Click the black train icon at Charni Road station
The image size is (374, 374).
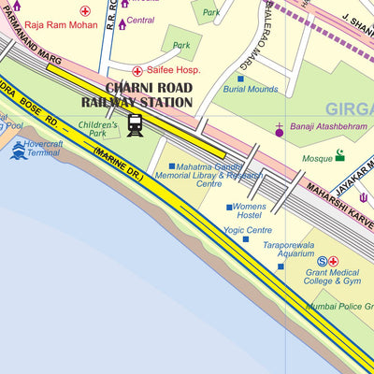(x=136, y=125)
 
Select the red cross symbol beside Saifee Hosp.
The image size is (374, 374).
(x=137, y=70)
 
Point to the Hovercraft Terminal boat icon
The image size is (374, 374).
(x=18, y=149)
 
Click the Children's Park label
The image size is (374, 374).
(x=98, y=129)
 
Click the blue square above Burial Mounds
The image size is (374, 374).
(x=240, y=79)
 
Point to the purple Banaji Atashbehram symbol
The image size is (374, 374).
(x=278, y=131)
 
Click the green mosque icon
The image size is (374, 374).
(x=340, y=155)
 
